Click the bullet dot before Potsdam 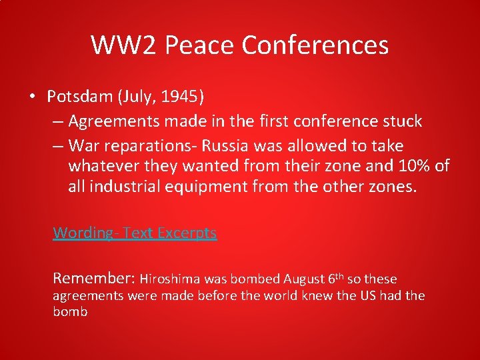coord(32,97)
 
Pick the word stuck coord(399,121)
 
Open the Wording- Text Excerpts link coord(135,233)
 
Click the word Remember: coord(94,278)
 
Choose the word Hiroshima coord(169,279)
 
